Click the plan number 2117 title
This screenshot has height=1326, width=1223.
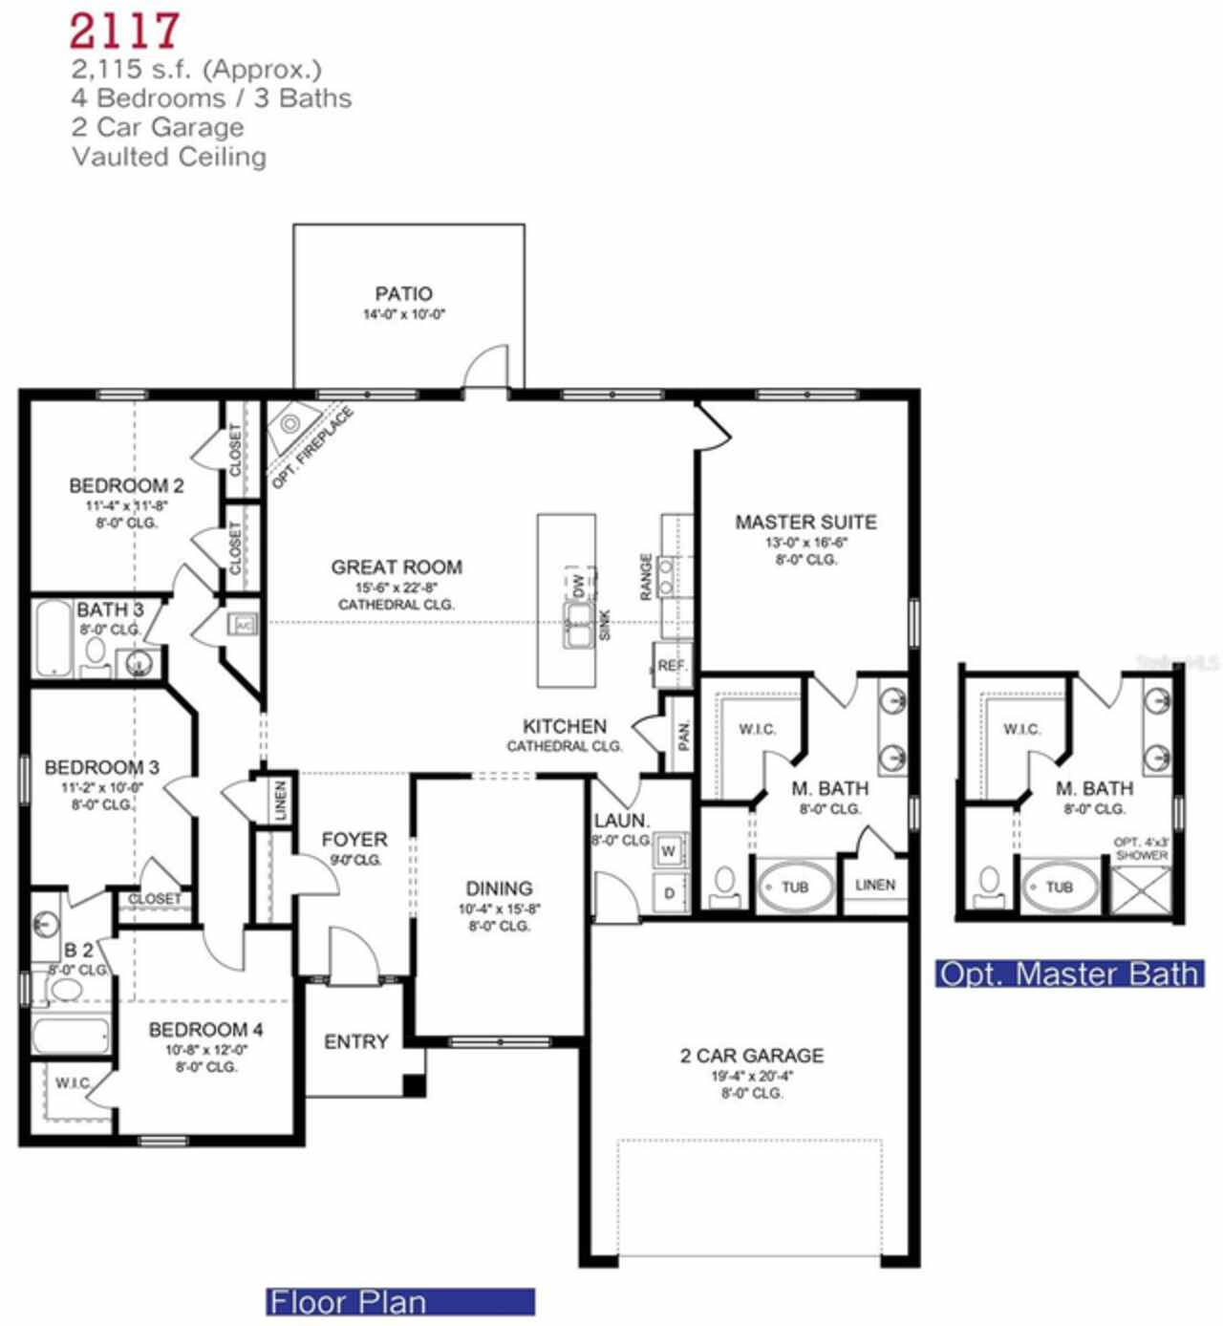(124, 31)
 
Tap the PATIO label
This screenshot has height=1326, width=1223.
(403, 294)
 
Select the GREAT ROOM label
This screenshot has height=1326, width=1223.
(397, 567)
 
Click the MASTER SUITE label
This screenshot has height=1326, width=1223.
(805, 523)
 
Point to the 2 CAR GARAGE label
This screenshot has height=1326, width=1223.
(752, 1056)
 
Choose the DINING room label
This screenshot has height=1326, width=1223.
(499, 888)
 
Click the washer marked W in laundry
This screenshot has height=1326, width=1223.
(669, 850)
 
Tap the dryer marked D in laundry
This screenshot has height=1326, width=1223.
(669, 893)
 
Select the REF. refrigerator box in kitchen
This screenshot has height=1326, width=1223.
(672, 665)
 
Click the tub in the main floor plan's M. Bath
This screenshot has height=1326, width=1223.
(795, 888)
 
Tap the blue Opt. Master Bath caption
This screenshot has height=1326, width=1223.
(1069, 973)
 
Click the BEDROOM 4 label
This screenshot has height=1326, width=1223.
(205, 1030)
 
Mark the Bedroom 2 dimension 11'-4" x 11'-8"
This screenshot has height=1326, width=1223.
(126, 505)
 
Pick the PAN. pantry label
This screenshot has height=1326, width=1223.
(683, 734)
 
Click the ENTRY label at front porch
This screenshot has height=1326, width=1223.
(355, 1042)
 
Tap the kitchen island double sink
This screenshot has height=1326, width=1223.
(578, 626)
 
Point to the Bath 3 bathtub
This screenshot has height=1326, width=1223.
(54, 638)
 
